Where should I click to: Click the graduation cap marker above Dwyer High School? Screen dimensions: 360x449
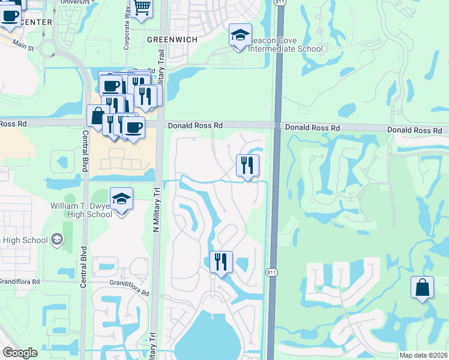pyautogui.click(x=121, y=200)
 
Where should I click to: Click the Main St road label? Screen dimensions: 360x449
pyautogui.click(x=22, y=46)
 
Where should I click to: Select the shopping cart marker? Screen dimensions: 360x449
pyautogui.click(x=142, y=8)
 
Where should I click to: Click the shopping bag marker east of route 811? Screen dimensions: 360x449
pyautogui.click(x=422, y=287)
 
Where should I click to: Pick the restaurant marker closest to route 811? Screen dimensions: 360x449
pyautogui.click(x=247, y=165)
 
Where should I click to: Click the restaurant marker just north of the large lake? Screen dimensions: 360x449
pyautogui.click(x=221, y=262)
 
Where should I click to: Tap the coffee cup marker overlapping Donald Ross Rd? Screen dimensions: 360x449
pyautogui.click(x=133, y=127)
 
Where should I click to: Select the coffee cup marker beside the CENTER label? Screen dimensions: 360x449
pyautogui.click(x=10, y=16)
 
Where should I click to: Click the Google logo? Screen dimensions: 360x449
pyautogui.click(x=20, y=353)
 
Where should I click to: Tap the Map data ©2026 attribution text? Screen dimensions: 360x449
pyautogui.click(x=423, y=355)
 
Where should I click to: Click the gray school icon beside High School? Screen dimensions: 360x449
pyautogui.click(x=57, y=240)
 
